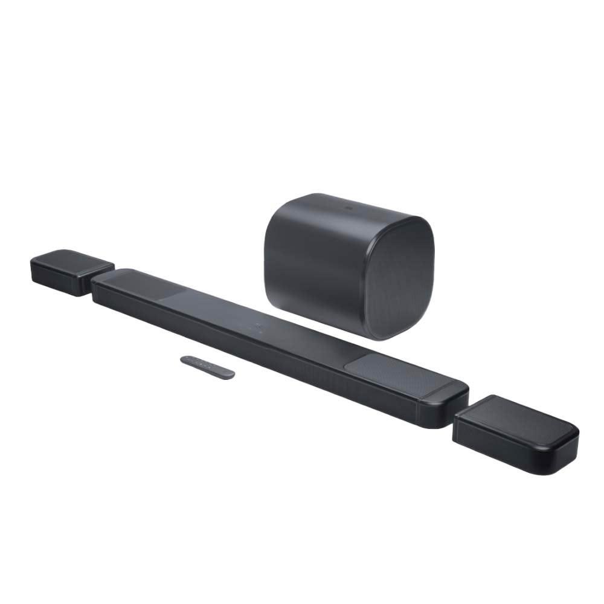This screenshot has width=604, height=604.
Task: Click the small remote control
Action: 207,367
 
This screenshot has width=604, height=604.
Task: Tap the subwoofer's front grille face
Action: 401,278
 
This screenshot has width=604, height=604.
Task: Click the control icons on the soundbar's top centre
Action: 260,327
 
